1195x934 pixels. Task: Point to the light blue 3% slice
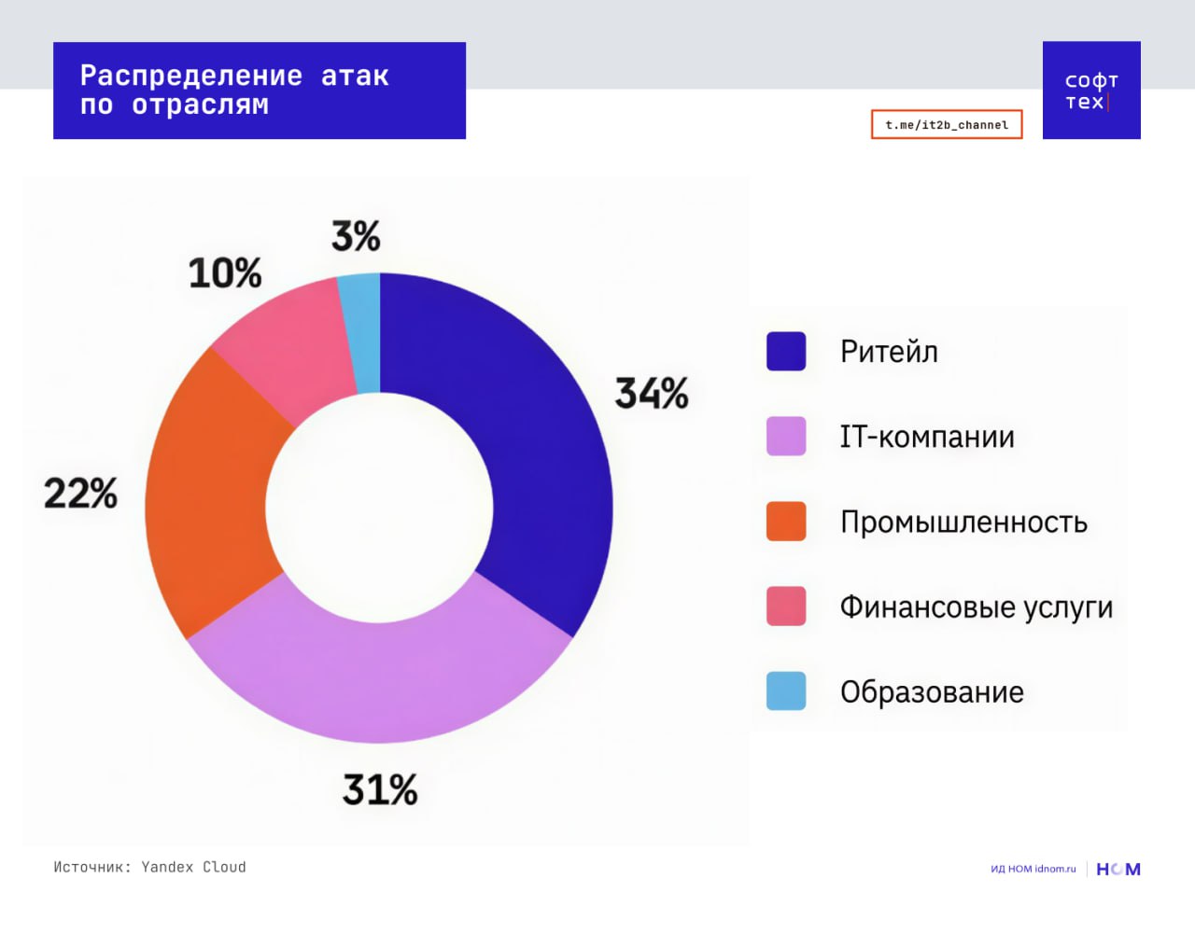point(361,331)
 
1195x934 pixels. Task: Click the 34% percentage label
point(651,393)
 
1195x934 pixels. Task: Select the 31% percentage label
point(379,790)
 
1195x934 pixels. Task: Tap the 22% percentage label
point(80,493)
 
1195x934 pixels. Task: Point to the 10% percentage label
point(224,273)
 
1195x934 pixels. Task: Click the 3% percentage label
point(356,236)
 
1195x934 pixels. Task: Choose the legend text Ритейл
point(889,352)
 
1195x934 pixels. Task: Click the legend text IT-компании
point(926,437)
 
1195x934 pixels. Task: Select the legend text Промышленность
point(963,522)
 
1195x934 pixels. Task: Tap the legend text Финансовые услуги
point(976,606)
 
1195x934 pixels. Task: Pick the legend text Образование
point(932,691)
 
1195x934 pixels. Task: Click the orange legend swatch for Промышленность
point(786,522)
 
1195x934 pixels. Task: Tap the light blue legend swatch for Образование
point(786,691)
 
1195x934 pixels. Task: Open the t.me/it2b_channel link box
point(947,124)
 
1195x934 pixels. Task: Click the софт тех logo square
point(1091,91)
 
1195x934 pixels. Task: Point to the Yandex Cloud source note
point(149,867)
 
